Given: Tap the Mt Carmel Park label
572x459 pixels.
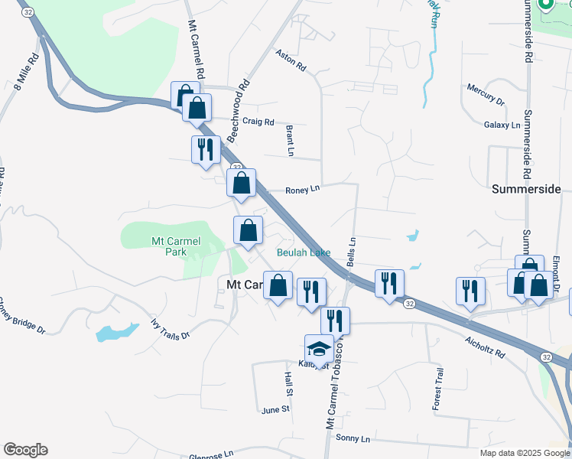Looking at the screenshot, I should [175, 246].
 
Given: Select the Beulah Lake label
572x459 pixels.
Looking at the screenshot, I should [304, 252].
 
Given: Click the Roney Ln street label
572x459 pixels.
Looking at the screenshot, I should [301, 190].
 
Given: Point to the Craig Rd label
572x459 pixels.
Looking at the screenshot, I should [258, 122].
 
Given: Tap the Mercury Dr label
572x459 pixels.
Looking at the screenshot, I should [486, 95].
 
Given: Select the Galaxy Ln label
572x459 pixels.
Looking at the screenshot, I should [502, 125].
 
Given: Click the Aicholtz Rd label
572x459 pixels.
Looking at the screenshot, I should [485, 347].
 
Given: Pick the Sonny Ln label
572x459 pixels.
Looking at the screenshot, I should [353, 439].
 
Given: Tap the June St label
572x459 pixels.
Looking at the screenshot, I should [275, 410].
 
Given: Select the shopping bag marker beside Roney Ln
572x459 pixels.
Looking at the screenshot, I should [242, 184].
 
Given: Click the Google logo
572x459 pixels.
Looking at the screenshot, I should [25, 450].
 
